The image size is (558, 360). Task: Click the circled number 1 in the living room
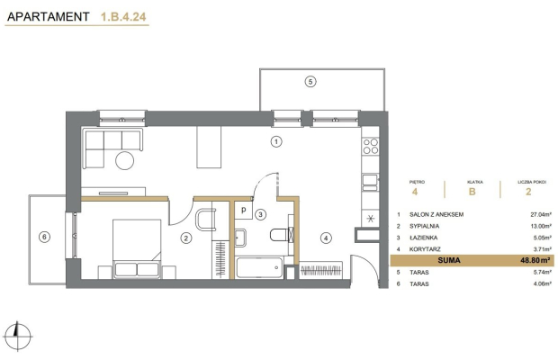(276, 141)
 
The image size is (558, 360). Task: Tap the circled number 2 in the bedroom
(185, 238)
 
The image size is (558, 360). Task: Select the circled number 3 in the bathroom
(261, 214)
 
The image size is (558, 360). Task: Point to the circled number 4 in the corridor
(326, 238)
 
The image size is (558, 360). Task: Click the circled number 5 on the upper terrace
(310, 82)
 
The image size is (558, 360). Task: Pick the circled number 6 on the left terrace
(44, 237)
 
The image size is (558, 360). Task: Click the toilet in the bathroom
(279, 235)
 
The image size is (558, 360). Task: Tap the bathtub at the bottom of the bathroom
(259, 267)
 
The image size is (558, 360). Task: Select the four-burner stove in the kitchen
(371, 146)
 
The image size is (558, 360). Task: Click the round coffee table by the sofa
(124, 160)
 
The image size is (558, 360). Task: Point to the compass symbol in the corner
(17, 336)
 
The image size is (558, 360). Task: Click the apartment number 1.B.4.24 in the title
(123, 17)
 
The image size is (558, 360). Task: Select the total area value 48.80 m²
(535, 260)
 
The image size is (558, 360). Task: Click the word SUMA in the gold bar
(449, 260)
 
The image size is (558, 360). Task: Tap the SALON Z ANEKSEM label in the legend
(436, 214)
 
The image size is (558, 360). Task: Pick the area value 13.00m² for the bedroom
(541, 226)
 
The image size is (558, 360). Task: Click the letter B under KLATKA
(472, 192)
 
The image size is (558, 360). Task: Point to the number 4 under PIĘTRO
(415, 192)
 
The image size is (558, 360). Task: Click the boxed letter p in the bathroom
(243, 210)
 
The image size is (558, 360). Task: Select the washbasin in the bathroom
(240, 238)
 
